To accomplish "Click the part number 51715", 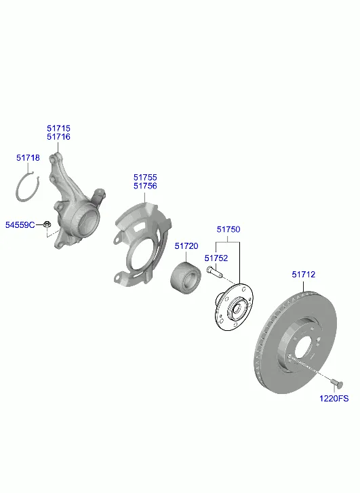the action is (x=58, y=128).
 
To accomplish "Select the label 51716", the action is (x=58, y=137).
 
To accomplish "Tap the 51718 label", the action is (x=28, y=158).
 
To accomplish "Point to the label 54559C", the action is (x=20, y=225).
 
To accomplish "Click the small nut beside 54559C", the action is (x=47, y=224).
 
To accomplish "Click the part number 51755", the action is (x=145, y=177).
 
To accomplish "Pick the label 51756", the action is (x=145, y=186).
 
